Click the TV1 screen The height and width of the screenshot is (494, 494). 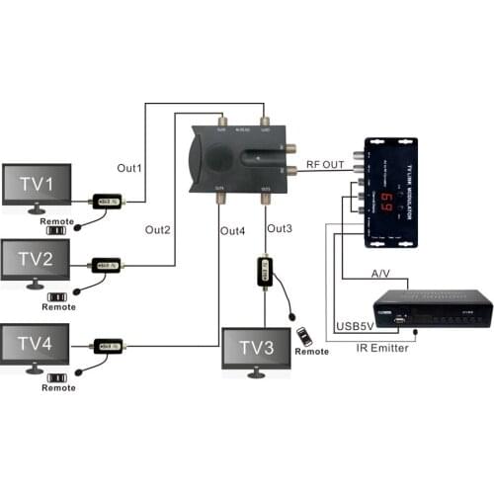coord(36,185)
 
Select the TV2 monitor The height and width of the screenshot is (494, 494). coord(36,260)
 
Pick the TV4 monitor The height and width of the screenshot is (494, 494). coord(36,345)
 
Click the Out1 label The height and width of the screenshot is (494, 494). coord(130,168)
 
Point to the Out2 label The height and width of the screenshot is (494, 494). coord(159,230)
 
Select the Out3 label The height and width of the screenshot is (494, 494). coord(281,229)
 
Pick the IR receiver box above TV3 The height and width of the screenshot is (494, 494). coord(265,272)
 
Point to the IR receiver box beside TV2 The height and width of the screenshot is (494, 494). coord(106,266)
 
